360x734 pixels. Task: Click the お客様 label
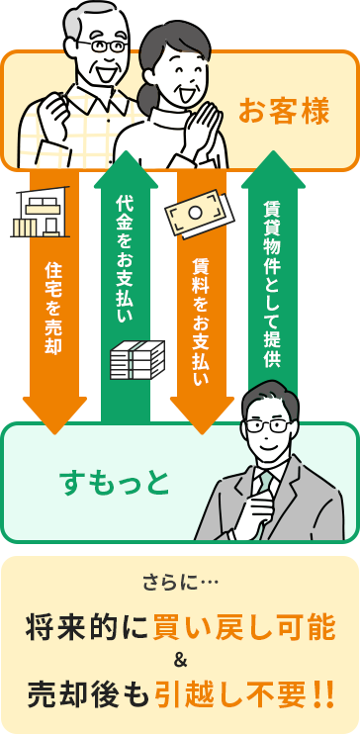tap(283, 111)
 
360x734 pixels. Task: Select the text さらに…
tap(179, 582)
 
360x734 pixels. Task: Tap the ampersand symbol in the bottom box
tap(180, 660)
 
